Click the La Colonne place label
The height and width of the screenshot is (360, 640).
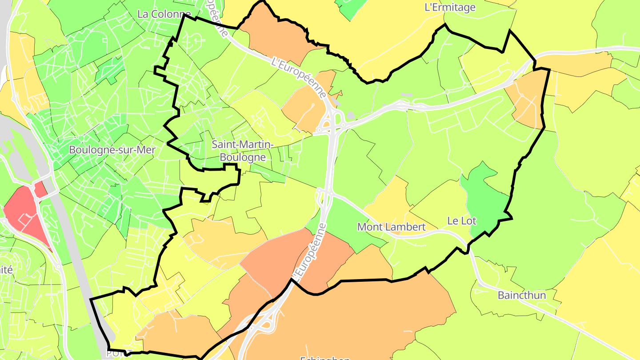[164, 14]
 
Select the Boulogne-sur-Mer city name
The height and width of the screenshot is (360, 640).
[112, 150]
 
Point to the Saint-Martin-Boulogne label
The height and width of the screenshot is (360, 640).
[242, 151]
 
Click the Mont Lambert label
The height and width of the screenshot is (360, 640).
[391, 227]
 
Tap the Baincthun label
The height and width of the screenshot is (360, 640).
[522, 295]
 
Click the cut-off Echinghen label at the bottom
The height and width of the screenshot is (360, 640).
[325, 357]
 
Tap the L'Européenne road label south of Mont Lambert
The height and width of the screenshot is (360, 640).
[308, 252]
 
